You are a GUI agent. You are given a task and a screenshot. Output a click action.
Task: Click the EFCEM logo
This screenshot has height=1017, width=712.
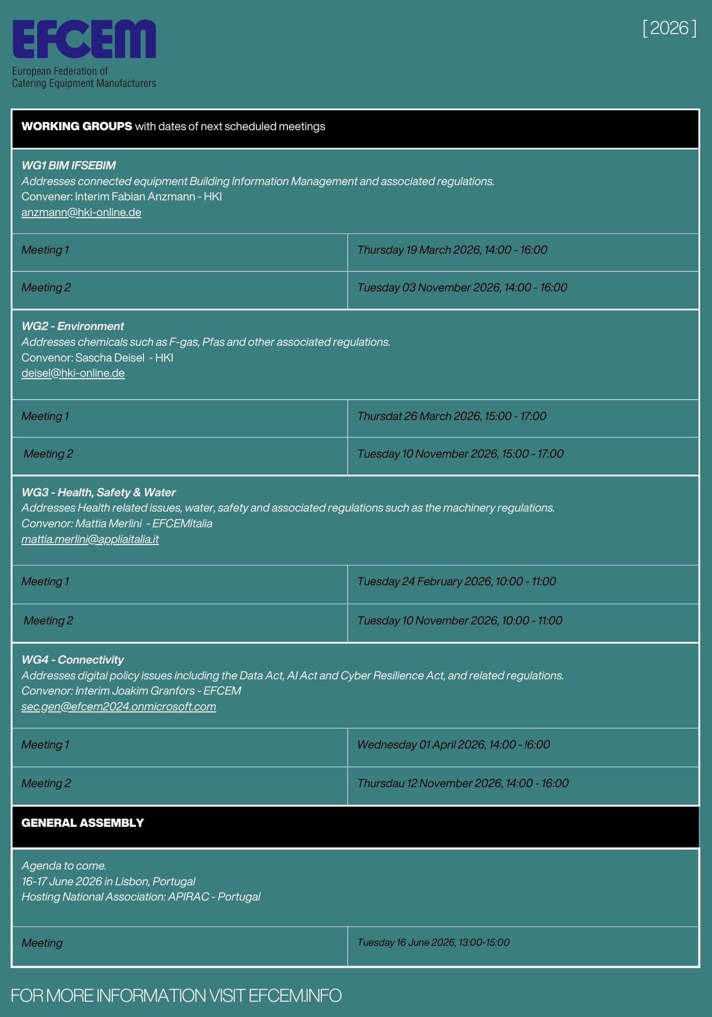pyautogui.click(x=84, y=40)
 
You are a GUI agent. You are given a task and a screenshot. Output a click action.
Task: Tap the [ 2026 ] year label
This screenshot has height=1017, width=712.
pyautogui.click(x=669, y=28)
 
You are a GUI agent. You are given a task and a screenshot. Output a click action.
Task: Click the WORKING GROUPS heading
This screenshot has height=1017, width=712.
pyautogui.click(x=77, y=126)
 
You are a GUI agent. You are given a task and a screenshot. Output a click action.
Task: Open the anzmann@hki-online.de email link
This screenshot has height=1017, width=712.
pyautogui.click(x=81, y=213)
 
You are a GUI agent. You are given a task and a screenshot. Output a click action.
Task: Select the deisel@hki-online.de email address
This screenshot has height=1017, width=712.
pyautogui.click(x=73, y=373)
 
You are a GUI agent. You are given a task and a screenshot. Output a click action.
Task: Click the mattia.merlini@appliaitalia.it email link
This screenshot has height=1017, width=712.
pyautogui.click(x=90, y=540)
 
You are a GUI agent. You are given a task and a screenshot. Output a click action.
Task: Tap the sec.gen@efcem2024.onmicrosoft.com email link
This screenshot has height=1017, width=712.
pyautogui.click(x=118, y=707)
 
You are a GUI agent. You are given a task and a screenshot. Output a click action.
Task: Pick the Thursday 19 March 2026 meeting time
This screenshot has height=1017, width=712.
pyautogui.click(x=452, y=250)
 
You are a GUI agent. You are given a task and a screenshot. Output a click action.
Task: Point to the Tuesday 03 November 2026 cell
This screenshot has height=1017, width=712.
pyautogui.click(x=462, y=288)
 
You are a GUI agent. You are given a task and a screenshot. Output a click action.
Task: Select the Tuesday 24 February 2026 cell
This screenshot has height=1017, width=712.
pyautogui.click(x=456, y=582)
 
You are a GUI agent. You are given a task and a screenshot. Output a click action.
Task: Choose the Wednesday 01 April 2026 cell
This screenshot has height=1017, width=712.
pyautogui.click(x=453, y=745)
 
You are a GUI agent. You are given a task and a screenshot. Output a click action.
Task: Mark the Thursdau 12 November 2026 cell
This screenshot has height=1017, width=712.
pyautogui.click(x=463, y=784)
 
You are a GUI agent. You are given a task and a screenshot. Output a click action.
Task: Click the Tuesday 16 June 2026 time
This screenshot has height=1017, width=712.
pyautogui.click(x=433, y=943)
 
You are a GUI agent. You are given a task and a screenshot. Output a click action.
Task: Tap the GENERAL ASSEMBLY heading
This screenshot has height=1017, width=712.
pyautogui.click(x=82, y=823)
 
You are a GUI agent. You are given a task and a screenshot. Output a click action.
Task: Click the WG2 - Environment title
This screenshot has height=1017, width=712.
pyautogui.click(x=73, y=326)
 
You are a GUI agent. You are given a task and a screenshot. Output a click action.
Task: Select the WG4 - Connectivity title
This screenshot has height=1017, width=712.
pyautogui.click(x=73, y=660)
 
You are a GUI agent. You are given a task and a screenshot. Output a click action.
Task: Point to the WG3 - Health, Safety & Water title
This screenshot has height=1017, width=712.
pyautogui.click(x=99, y=493)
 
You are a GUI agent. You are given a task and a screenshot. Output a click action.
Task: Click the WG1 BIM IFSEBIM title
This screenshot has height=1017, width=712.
pyautogui.click(x=69, y=166)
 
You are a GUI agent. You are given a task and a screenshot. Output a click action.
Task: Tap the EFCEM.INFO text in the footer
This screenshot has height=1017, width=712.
pyautogui.click(x=295, y=995)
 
